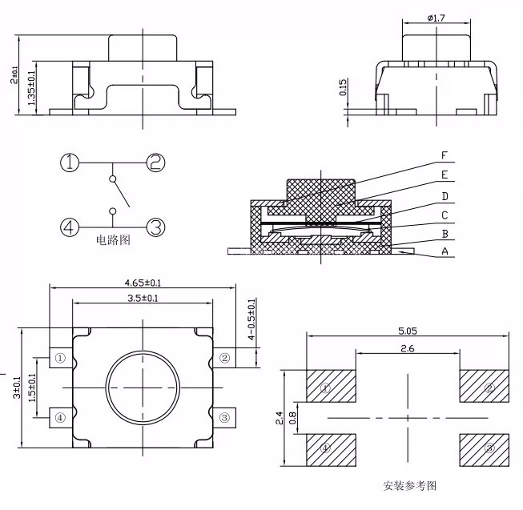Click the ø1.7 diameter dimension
[437, 17]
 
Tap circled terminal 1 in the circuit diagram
[70, 163]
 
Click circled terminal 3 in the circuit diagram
[155, 227]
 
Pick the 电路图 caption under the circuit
[113, 239]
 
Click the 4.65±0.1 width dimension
[143, 283]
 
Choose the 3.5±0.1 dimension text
[143, 298]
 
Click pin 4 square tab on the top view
[60, 417]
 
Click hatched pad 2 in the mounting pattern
[483, 389]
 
